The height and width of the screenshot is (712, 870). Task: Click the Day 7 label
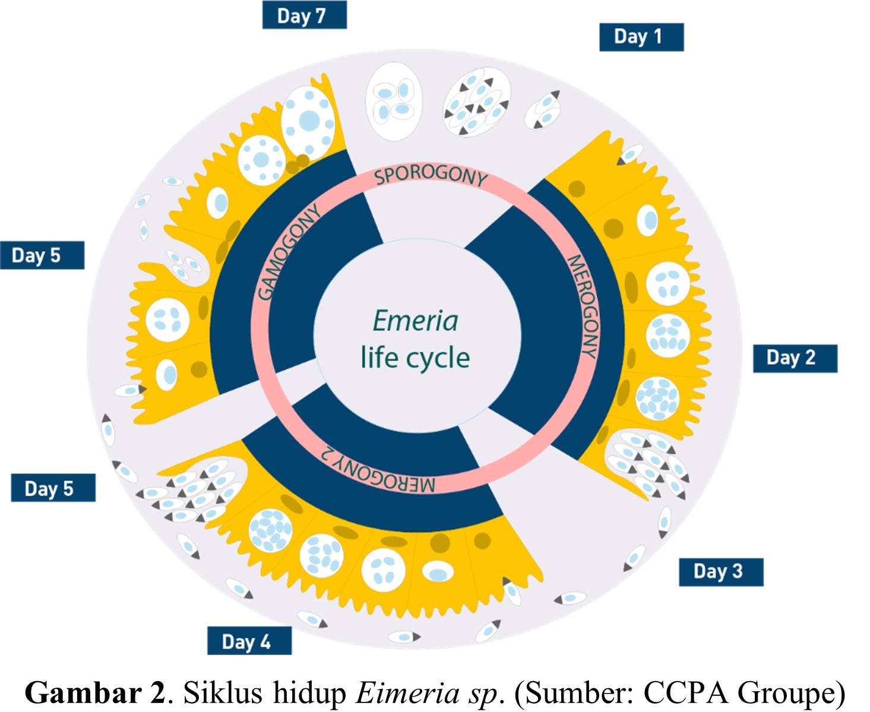tap(304, 15)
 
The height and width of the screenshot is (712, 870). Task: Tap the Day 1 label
tap(641, 37)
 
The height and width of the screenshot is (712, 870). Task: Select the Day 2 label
tap(795, 358)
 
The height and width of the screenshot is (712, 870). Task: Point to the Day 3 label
tap(720, 572)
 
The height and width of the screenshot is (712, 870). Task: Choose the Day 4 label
tap(249, 641)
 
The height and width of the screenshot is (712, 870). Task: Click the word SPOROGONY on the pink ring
tap(431, 175)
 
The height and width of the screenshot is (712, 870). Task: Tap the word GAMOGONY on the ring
tap(289, 252)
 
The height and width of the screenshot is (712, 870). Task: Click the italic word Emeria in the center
tap(415, 321)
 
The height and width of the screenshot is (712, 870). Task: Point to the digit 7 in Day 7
tap(321, 15)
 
